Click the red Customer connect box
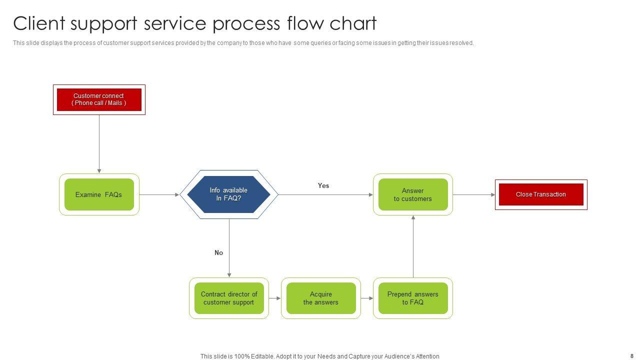99,99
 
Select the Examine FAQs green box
99,194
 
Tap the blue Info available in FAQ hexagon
228,194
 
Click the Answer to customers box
413,194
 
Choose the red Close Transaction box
541,194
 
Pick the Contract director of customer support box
229,298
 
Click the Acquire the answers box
321,298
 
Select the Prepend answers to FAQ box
413,298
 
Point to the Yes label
323,185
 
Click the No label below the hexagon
219,252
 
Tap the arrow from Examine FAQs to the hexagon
159,194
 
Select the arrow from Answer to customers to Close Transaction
474,194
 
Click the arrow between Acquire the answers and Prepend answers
367,298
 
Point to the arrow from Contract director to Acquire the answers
275,298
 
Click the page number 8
632,356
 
